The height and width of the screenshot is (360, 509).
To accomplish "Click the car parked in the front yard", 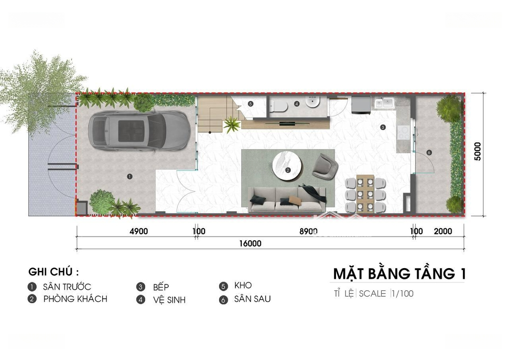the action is point(139,131).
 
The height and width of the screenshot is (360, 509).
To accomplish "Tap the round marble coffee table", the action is point(287,166).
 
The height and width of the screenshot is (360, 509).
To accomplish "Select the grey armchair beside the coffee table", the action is point(325,166).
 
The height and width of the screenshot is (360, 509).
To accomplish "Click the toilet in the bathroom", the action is point(279,105).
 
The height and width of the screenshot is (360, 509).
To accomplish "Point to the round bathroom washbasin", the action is point(312,102).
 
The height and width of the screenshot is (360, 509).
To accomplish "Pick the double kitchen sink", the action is point(384,103).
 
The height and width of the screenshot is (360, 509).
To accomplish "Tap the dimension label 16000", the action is point(250,244).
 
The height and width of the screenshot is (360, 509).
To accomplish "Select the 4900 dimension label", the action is point(139,231).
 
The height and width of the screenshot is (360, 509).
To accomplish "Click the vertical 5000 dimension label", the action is point(477,151).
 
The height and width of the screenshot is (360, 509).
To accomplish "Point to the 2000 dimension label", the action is point(443,231).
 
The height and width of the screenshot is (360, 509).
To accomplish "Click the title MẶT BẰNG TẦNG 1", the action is point(399,274).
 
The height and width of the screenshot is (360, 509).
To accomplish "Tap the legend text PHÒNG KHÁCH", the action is point(75,299).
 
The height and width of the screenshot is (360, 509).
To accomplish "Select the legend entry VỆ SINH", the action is point(169,300).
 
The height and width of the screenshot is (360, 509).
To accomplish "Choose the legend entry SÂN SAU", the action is point(252,299).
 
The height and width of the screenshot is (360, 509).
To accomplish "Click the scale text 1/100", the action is point(403,294).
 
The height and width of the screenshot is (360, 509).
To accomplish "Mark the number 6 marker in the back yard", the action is point(429,153).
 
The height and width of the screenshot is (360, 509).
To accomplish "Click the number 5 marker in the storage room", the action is point(250,104).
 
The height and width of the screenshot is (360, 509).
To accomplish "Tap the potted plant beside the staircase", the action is point(232,125).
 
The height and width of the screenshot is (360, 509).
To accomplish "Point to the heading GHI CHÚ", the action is point(54,272).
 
